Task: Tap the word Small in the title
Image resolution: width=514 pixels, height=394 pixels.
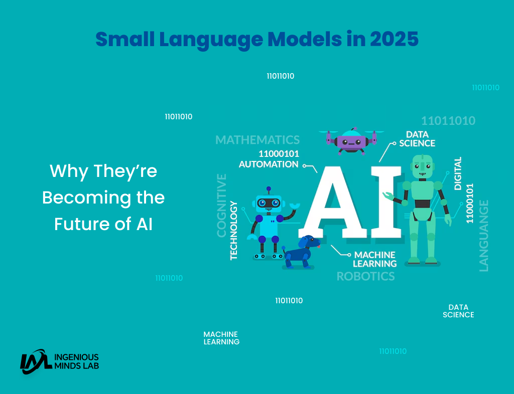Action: [x=125, y=39]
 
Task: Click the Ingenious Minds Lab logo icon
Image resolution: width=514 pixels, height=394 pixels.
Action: [x=36, y=361]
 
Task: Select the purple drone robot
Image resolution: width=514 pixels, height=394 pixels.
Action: [x=351, y=141]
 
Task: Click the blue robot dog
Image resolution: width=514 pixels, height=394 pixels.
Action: [x=301, y=252]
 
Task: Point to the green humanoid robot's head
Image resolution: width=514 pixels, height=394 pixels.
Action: [x=423, y=167]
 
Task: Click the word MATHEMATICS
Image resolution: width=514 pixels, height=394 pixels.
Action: [x=258, y=140]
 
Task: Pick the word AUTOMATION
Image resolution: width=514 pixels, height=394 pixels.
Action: [x=269, y=164]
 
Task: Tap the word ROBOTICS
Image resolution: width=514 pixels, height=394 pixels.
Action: [x=366, y=277]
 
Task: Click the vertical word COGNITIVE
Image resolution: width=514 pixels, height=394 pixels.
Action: [x=222, y=206]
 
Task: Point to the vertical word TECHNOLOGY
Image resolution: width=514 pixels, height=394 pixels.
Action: [x=234, y=231]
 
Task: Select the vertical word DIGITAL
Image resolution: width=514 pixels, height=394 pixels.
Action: [x=458, y=173]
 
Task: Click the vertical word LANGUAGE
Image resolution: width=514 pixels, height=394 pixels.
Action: [x=484, y=236]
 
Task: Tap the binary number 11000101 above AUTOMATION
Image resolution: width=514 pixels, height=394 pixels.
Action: [x=279, y=154]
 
